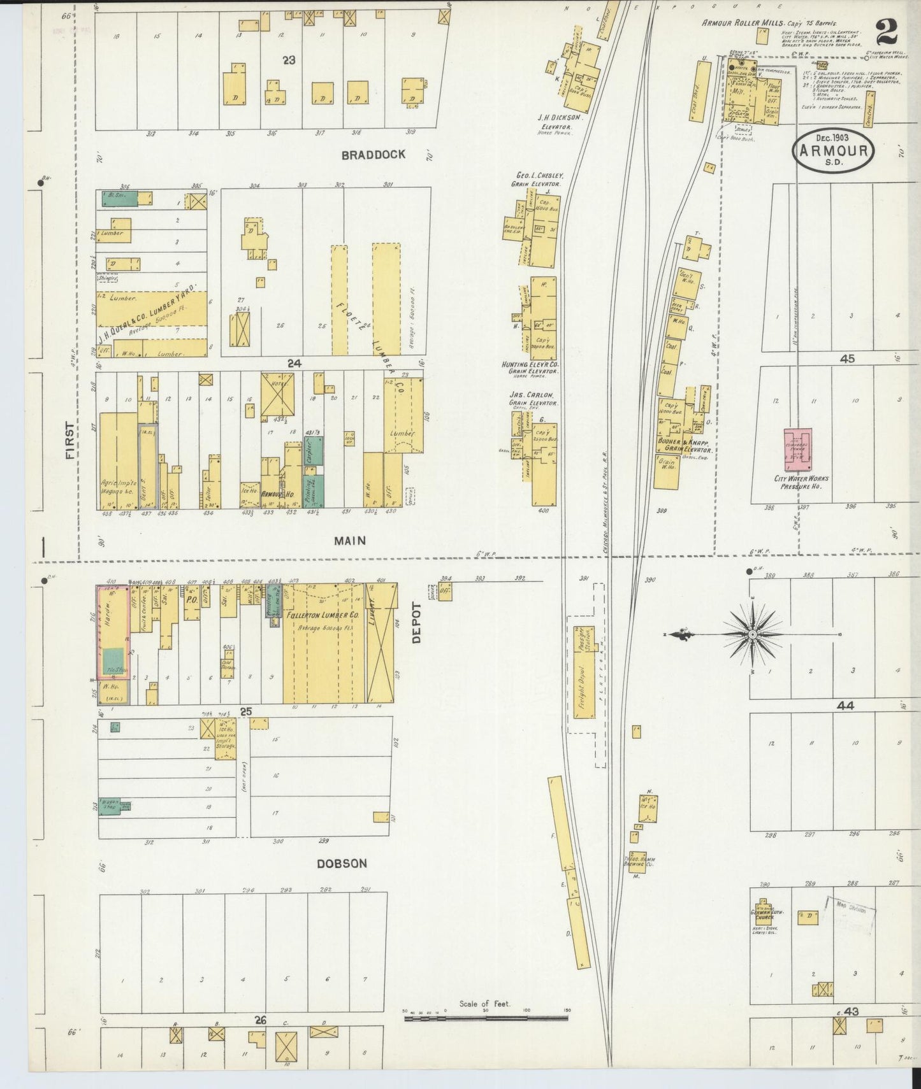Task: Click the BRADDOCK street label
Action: point(373,155)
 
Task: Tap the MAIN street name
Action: point(350,541)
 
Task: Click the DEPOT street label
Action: point(417,623)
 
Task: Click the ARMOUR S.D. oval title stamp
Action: point(833,151)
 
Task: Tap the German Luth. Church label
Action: point(763,915)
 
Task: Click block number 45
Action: point(847,359)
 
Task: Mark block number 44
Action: point(845,706)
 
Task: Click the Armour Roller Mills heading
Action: point(743,22)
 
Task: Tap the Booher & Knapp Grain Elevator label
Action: point(684,445)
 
